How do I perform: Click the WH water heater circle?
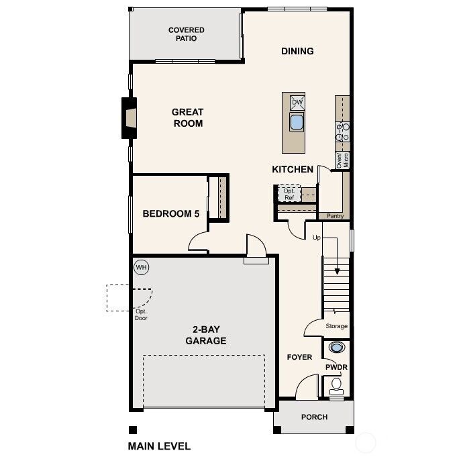click(141, 267)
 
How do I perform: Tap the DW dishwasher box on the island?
click(297, 103)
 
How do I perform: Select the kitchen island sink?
click(297, 122)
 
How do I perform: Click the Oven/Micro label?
click(342, 160)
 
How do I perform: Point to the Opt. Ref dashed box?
click(289, 193)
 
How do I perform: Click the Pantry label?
click(335, 216)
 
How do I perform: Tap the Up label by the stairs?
click(317, 238)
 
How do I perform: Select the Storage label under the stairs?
click(336, 326)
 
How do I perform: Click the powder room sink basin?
click(336, 347)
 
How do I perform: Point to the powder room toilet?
click(336, 385)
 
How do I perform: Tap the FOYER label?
click(299, 357)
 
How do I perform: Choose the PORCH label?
click(314, 417)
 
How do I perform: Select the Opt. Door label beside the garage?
click(141, 315)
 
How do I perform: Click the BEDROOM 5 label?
click(171, 214)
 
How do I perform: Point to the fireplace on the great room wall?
click(128, 118)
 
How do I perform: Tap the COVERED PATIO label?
click(186, 34)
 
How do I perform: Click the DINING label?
click(297, 51)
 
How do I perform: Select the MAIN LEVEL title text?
click(159, 446)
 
